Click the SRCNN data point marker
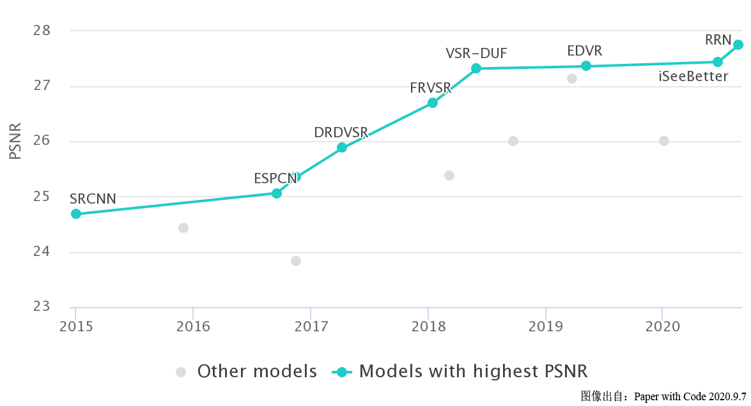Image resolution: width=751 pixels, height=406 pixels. point(76,214)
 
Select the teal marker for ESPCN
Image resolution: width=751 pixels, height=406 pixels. point(277,193)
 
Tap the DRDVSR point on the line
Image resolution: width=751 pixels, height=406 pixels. point(342,147)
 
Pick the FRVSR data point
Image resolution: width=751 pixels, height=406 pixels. point(433,103)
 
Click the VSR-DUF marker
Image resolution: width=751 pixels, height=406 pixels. point(476,68)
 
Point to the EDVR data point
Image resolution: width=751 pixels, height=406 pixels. point(586,66)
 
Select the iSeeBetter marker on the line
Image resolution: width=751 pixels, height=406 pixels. point(718,62)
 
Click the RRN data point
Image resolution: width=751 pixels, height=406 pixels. point(738,45)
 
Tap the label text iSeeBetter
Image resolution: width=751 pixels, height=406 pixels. point(693,77)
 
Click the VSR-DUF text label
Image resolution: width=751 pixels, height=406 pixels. point(477,53)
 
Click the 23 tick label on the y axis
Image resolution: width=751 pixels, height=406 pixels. point(42,307)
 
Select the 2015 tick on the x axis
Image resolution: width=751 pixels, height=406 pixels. point(75,327)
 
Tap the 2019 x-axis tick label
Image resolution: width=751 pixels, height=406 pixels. point(545,327)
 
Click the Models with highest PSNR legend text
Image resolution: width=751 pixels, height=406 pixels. point(473,372)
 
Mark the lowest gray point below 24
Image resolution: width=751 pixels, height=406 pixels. point(296,261)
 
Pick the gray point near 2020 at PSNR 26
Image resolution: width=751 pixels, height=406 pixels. point(664,141)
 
